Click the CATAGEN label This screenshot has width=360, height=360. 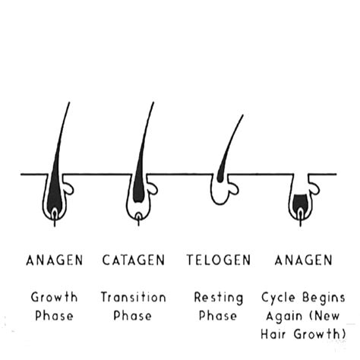134,261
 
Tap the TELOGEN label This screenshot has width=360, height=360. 219,261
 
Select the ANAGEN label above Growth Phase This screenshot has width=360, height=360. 54,261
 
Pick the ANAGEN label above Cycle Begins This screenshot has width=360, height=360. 303,261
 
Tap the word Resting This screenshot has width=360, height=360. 219,298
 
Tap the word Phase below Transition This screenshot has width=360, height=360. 134,315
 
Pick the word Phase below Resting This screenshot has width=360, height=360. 219,315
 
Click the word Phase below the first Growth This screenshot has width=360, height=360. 54,315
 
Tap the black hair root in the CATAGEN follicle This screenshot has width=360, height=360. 138,190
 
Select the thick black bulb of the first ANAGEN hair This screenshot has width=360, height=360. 53,199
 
